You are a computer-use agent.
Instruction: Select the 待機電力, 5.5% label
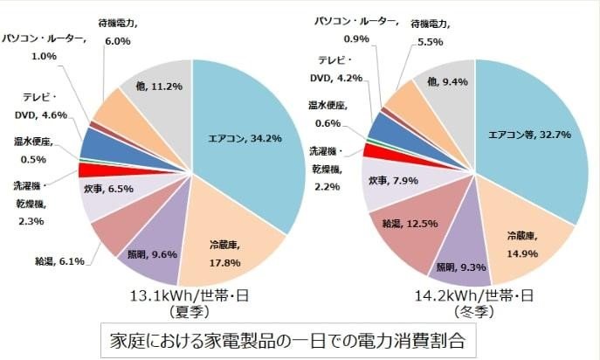434,33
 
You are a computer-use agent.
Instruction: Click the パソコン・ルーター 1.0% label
44,46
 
